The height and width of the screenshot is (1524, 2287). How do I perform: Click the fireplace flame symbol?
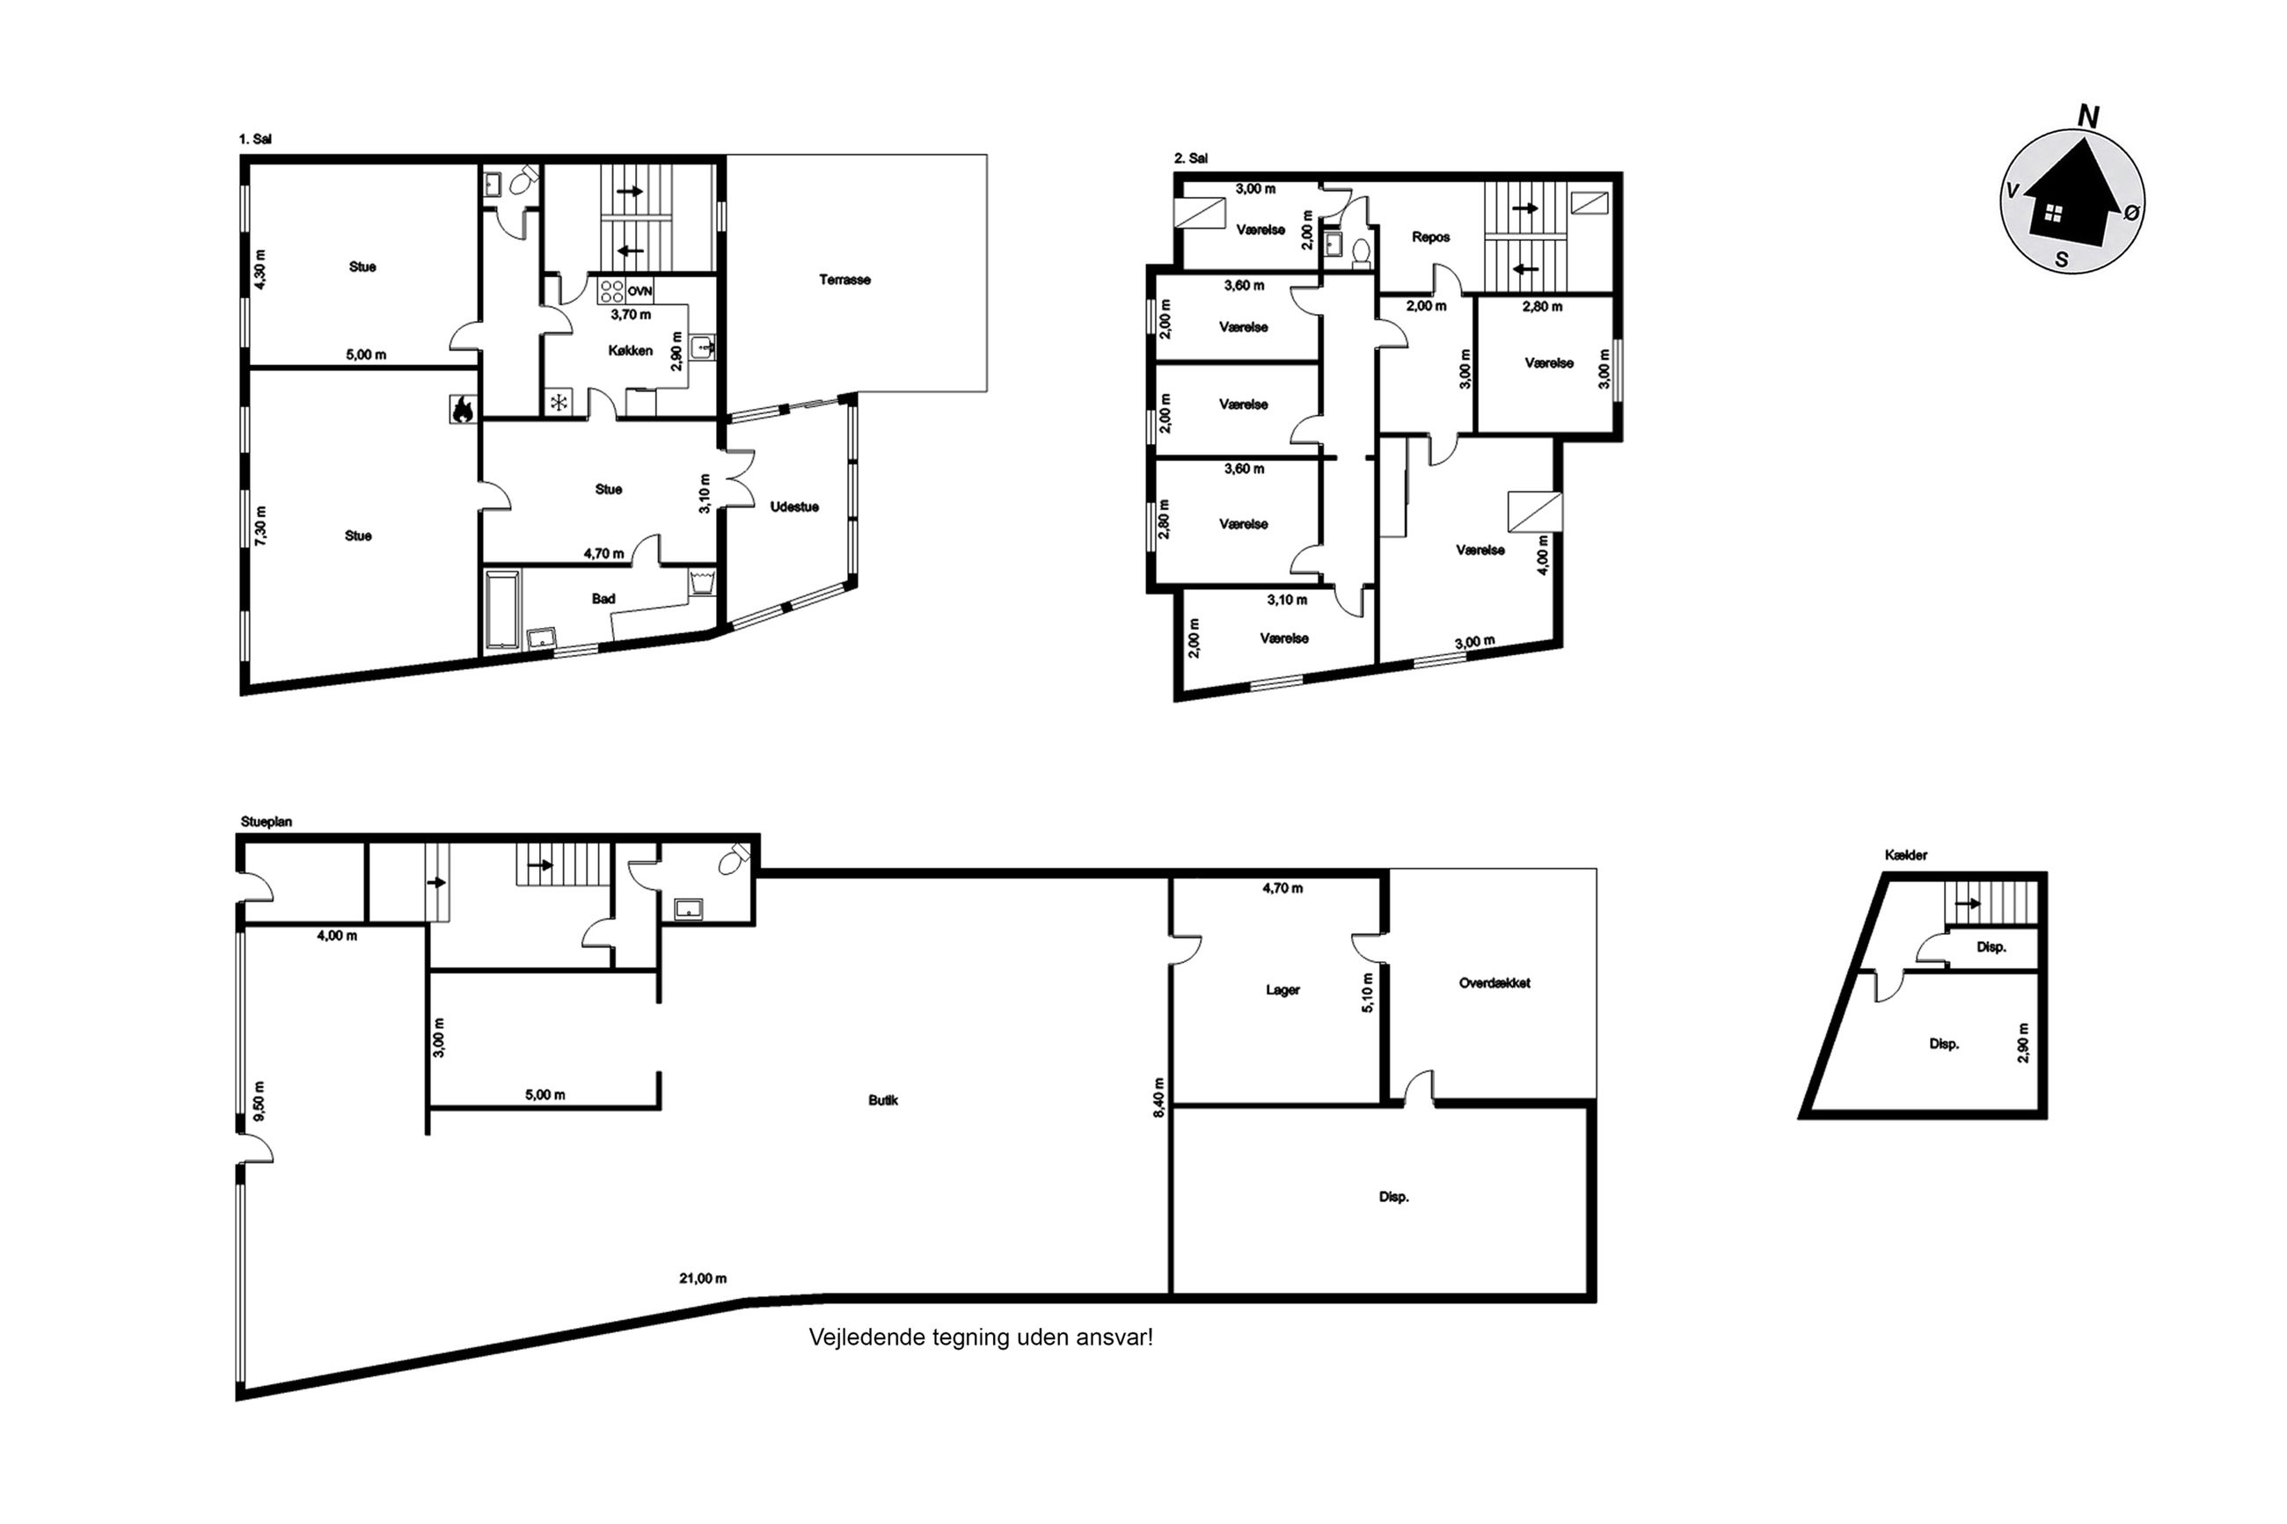[463, 409]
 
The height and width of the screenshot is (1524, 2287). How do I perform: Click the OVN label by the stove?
[639, 290]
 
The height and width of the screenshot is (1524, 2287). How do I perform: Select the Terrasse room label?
[844, 280]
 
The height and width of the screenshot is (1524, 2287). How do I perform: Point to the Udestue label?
[794, 507]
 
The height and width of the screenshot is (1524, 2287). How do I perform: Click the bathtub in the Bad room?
[502, 609]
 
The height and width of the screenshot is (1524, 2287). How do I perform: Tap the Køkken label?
[631, 350]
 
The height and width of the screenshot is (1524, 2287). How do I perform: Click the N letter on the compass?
[2086, 118]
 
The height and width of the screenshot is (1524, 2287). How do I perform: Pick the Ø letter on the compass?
[2131, 212]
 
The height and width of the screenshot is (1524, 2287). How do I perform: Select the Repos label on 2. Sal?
[1431, 237]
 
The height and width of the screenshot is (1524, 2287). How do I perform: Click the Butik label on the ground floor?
[882, 1100]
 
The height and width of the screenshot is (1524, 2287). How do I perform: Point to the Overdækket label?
[1494, 982]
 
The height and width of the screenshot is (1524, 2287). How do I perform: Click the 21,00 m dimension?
[703, 1278]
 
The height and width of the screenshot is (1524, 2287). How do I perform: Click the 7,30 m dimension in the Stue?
[259, 526]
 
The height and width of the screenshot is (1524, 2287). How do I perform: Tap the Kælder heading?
[1905, 856]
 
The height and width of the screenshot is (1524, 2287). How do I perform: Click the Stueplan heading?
[267, 822]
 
